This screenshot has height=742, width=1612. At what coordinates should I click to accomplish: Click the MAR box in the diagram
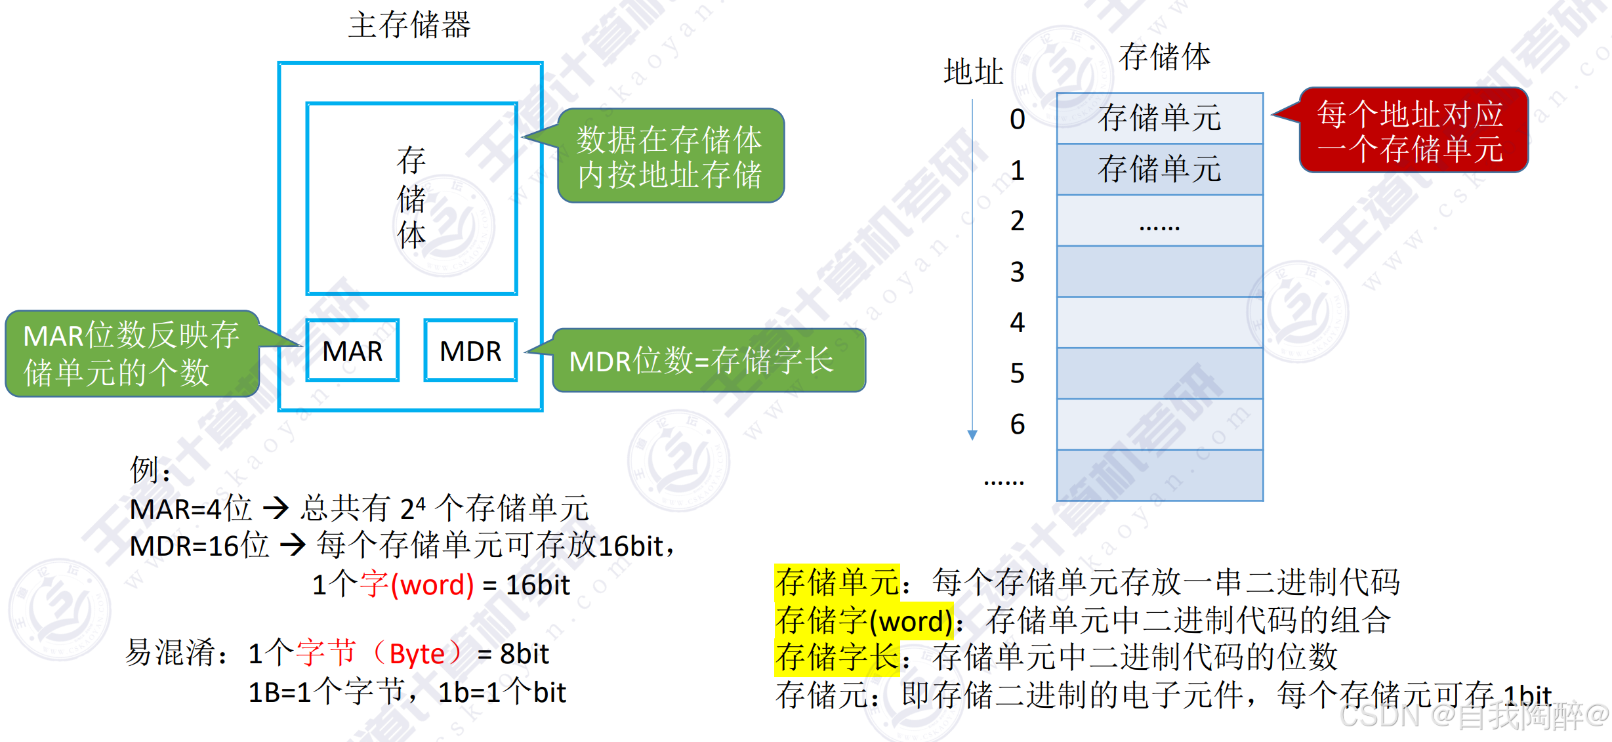pos(352,350)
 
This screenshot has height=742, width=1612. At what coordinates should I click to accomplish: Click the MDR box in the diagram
pos(470,350)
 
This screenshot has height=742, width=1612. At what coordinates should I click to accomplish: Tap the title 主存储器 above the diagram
pos(409,25)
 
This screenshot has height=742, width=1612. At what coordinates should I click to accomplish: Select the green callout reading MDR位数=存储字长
pos(709,360)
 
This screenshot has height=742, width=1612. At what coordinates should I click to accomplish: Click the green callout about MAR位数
pos(131,354)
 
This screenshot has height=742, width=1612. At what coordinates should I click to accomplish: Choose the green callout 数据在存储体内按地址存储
pos(671,156)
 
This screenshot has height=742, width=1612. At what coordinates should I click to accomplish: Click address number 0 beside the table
pos(1017,119)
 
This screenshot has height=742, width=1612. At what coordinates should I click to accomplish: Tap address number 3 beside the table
pos(1017,272)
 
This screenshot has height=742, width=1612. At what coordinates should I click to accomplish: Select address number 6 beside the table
pos(1017,424)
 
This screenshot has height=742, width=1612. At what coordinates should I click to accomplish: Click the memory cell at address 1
pos(1159,169)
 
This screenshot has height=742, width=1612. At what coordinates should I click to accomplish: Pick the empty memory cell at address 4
pos(1159,322)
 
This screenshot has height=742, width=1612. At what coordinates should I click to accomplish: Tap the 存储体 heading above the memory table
pos(1164,56)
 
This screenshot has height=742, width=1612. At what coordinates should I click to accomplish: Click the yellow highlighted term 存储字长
pos(837,657)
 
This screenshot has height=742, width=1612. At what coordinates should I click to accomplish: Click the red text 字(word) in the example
pos(417,584)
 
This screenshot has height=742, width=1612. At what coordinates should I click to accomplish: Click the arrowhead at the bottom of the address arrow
pos(972,435)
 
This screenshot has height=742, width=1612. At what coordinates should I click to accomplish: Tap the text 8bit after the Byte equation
pos(524,653)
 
